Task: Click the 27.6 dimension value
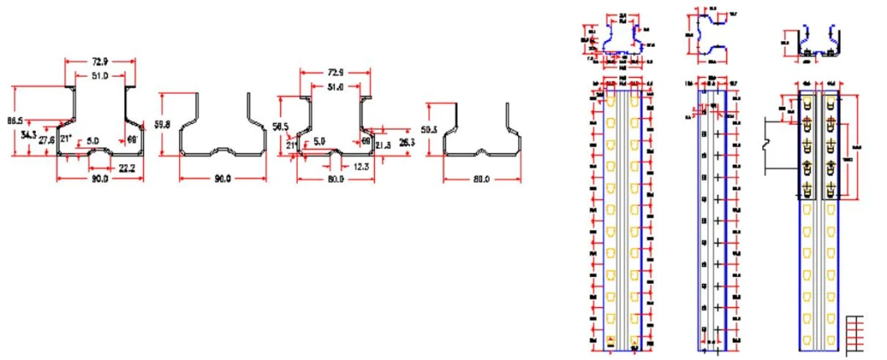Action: tap(47, 141)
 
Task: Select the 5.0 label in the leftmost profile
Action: tap(94, 141)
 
